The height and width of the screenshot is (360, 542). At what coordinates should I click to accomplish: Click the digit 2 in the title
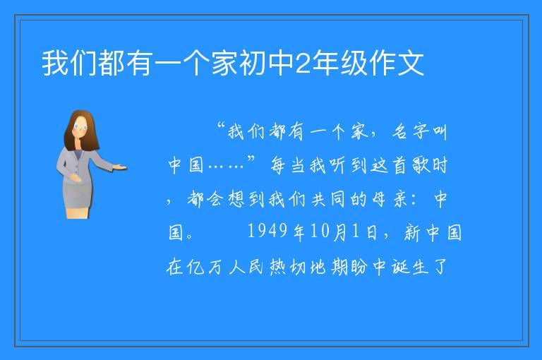point(303,64)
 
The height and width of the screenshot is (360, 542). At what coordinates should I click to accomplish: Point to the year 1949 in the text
point(267,231)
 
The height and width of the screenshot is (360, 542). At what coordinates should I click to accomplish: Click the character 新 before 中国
point(412,232)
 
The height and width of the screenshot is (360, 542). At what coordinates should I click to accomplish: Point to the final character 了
point(440,267)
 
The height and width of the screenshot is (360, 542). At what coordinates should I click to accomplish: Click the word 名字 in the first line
point(410,132)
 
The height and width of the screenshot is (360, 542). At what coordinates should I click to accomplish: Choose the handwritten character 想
point(236,199)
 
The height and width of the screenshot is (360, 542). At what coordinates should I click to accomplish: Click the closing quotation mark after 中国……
point(251,160)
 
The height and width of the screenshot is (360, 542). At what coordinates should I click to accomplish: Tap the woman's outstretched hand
point(119,168)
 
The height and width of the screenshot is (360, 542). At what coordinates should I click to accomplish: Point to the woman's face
point(80,127)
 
